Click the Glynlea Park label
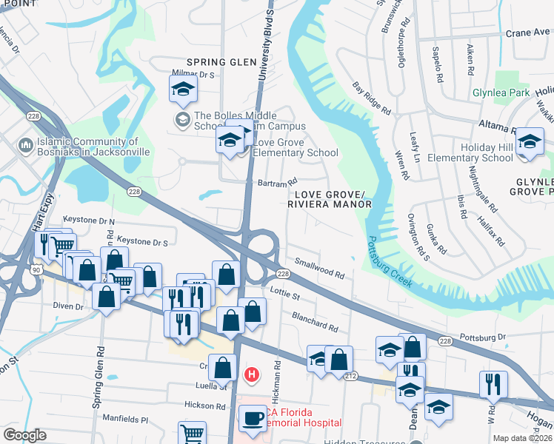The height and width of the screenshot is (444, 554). click(x=501, y=93)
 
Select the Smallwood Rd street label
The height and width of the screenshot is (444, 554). click(x=319, y=269)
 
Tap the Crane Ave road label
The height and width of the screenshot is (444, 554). click(x=527, y=33)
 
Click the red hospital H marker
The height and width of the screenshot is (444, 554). click(x=252, y=375)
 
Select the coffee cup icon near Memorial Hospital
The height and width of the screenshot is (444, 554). click(x=252, y=418)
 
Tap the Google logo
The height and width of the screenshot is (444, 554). click(x=24, y=435)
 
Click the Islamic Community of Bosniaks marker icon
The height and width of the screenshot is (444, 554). click(x=25, y=145)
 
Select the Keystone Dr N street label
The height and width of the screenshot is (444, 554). click(x=89, y=221)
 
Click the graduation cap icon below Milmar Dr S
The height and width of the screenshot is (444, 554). click(x=182, y=90)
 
